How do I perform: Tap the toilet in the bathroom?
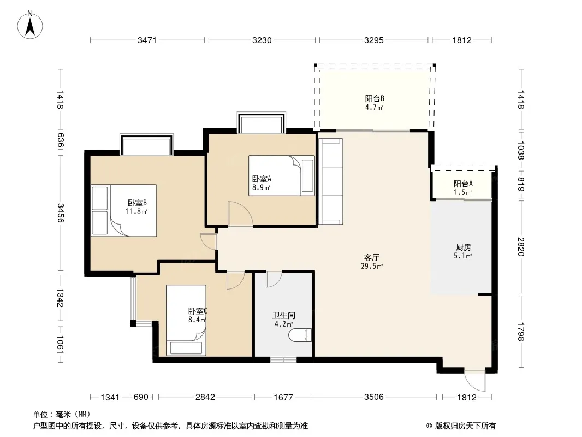point(300,335)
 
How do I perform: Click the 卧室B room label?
point(137,203)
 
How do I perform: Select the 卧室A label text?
point(262,179)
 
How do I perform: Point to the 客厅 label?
point(372,257)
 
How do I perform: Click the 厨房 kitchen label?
point(463,247)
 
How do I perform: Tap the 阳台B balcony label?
point(374,98)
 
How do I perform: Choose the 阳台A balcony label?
point(463,184)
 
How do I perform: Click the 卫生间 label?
point(283,316)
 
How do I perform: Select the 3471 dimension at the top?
point(147,40)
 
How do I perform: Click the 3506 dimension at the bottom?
point(374,397)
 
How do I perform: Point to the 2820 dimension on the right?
point(520,246)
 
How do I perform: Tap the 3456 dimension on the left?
point(61,212)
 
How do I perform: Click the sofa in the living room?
point(330,181)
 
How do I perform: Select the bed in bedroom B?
point(124,210)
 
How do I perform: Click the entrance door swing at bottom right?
point(475,380)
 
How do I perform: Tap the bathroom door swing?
point(274,279)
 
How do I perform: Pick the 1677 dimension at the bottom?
point(283,397)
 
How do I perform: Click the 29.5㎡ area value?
point(372,266)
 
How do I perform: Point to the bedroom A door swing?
point(241,214)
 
